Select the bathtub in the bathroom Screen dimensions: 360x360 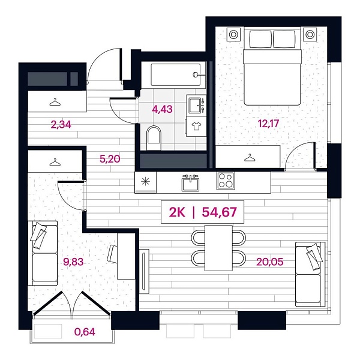(x=175, y=75)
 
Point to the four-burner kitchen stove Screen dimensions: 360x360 (x=226, y=180)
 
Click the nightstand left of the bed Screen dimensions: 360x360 (x=234, y=34)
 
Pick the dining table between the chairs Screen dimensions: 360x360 (x=218, y=246)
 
